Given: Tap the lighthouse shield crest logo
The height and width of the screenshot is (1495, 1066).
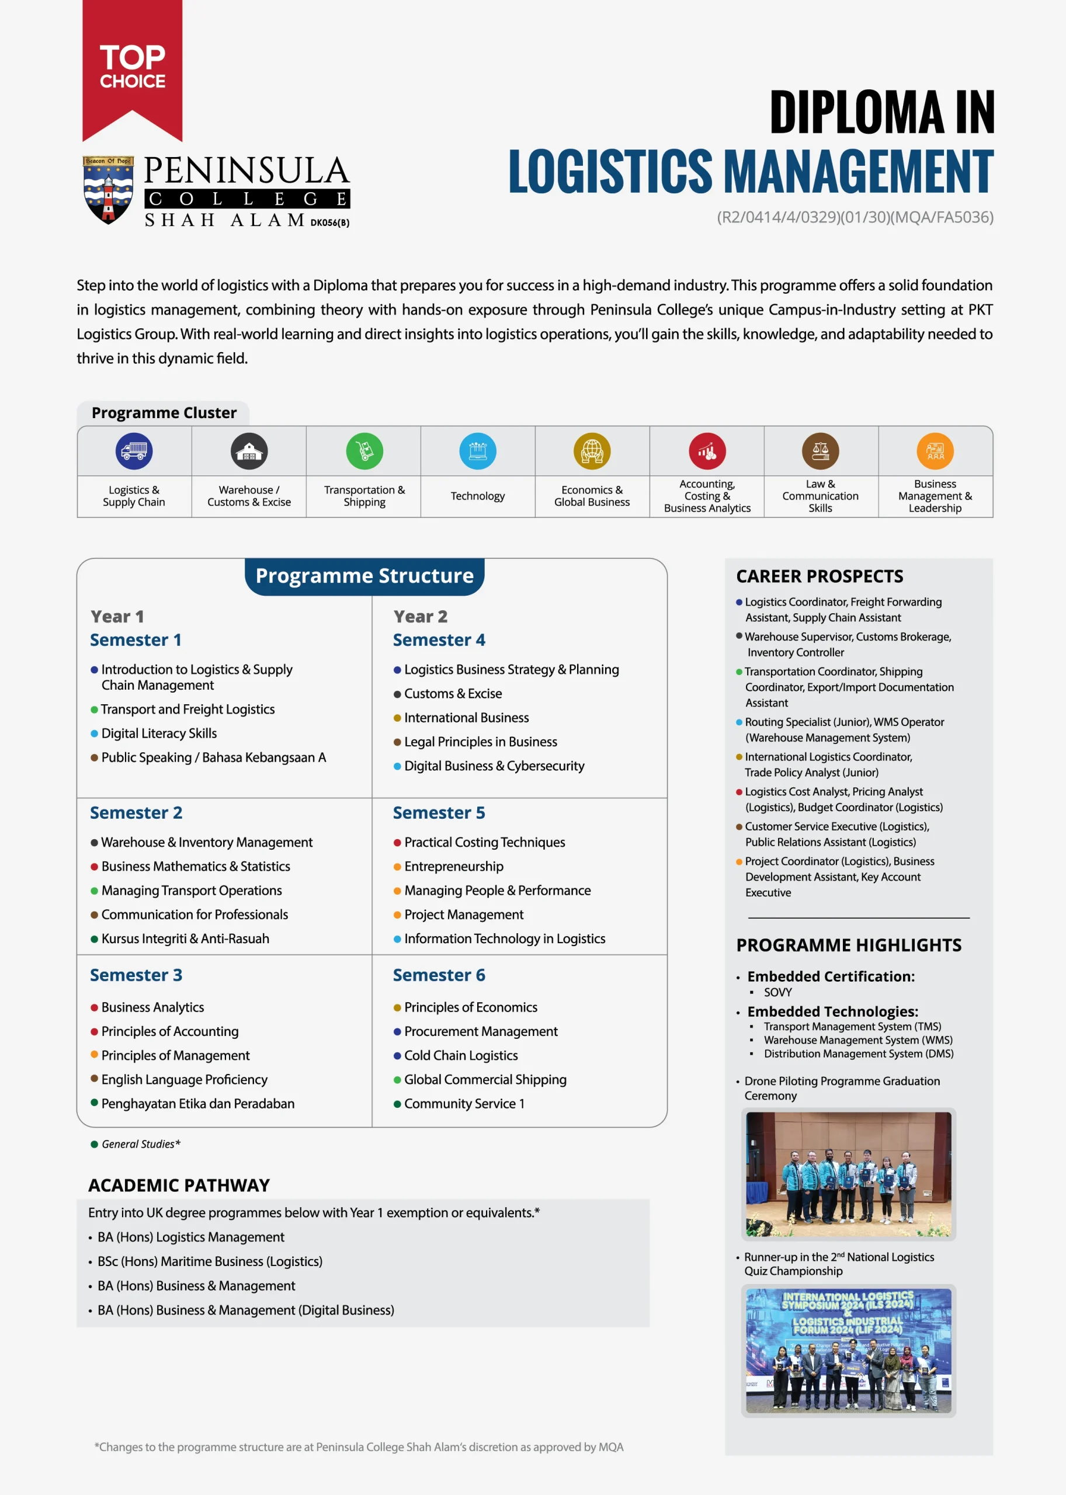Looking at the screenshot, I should [x=108, y=190].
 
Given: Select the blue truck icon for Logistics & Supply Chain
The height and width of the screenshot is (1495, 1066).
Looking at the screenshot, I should [x=134, y=451].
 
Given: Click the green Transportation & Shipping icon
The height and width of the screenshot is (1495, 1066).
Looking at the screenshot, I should [x=364, y=451].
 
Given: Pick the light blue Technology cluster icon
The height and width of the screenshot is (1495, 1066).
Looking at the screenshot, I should [x=478, y=451].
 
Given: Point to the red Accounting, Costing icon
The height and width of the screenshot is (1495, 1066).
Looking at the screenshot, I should [x=707, y=451].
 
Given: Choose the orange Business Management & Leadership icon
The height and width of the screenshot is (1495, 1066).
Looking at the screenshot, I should [x=935, y=451].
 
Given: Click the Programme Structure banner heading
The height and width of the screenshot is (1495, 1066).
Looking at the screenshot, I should [x=364, y=576].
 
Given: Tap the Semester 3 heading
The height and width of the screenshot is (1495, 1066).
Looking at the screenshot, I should [x=136, y=975].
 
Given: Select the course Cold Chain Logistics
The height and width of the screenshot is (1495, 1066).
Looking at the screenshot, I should [x=461, y=1055].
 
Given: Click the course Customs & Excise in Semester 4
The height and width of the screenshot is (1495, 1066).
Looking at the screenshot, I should [x=453, y=694].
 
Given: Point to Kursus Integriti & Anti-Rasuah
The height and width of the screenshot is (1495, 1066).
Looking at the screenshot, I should [x=185, y=938].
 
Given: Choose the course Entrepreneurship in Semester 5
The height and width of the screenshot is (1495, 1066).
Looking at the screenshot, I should [x=454, y=866].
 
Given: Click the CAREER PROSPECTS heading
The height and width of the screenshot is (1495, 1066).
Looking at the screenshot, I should [x=819, y=576].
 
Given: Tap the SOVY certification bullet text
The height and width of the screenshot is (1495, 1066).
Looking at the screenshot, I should [x=778, y=992].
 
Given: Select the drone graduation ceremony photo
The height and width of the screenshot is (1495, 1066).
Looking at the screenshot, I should [x=848, y=1174].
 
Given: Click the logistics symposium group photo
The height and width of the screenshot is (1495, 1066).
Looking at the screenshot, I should [x=848, y=1350].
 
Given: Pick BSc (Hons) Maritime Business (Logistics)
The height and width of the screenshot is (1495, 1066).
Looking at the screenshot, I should [x=210, y=1261].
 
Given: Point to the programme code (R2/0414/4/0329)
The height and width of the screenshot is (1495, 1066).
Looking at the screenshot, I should [x=855, y=217].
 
